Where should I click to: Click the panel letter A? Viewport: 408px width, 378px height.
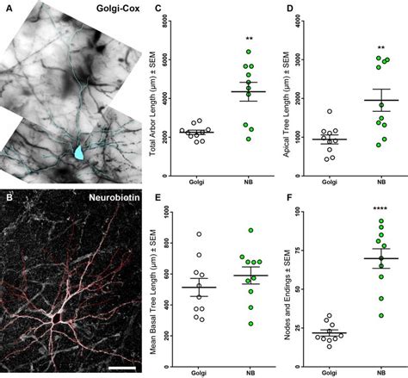pyautogui.click(x=8, y=9)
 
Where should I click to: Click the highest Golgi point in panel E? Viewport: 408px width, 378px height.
pyautogui.click(x=199, y=234)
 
